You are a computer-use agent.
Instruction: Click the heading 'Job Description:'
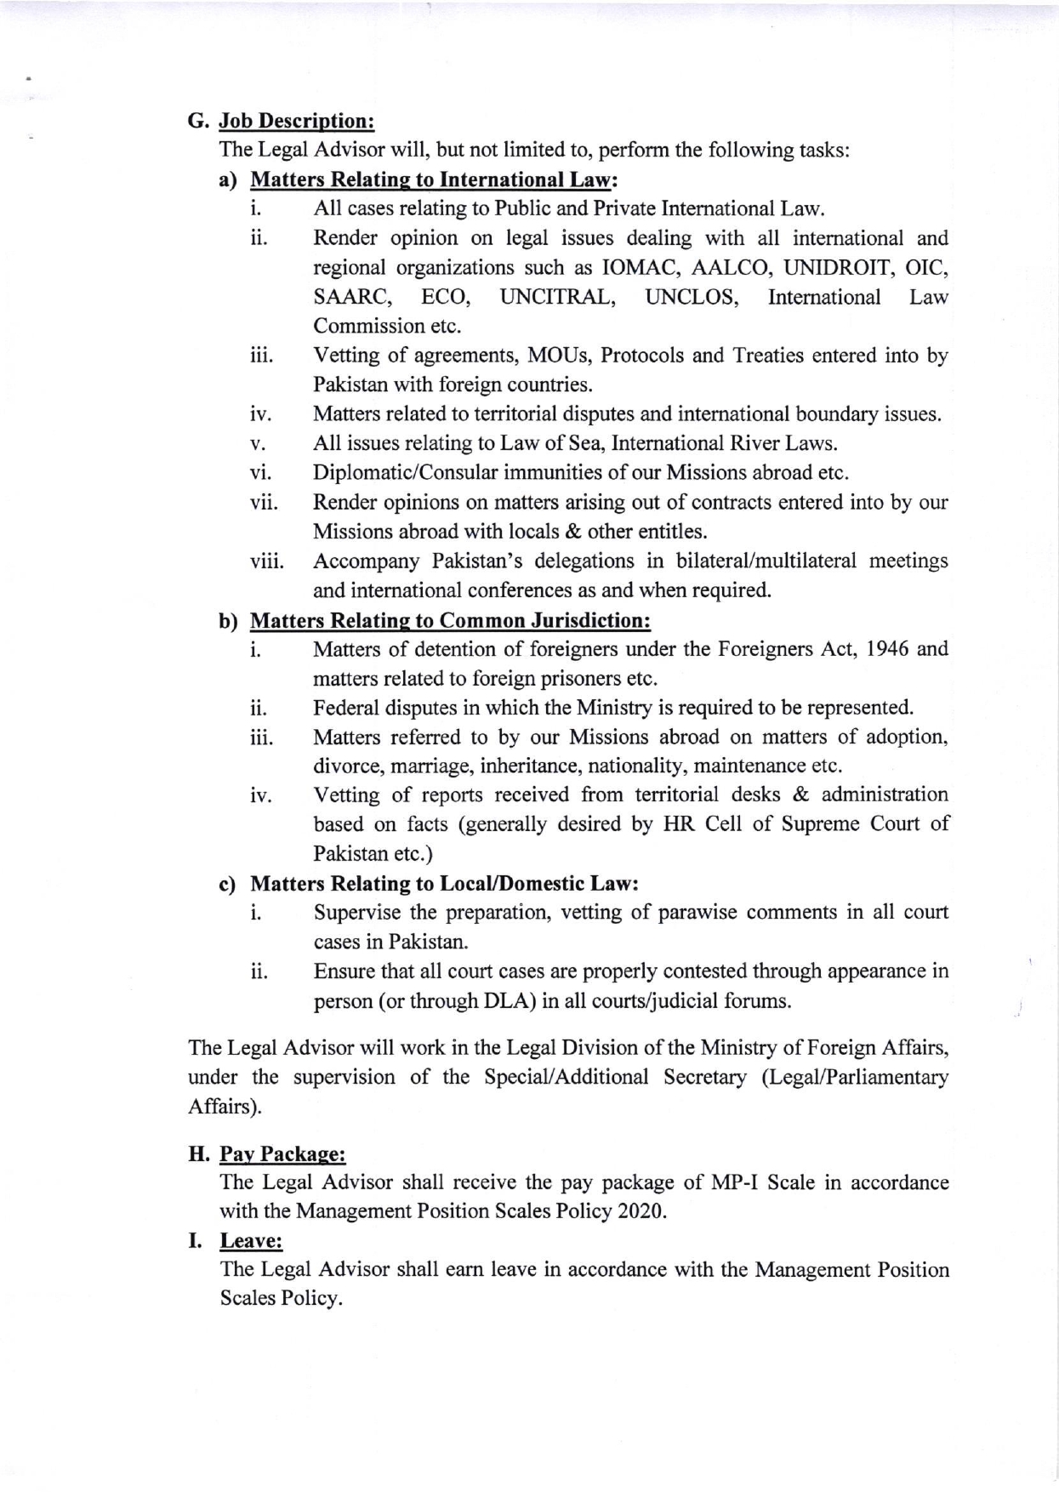tap(297, 121)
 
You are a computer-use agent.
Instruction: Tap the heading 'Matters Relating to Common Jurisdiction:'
tap(451, 620)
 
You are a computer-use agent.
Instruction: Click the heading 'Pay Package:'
tap(282, 1154)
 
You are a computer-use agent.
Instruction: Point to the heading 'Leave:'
tap(251, 1241)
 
